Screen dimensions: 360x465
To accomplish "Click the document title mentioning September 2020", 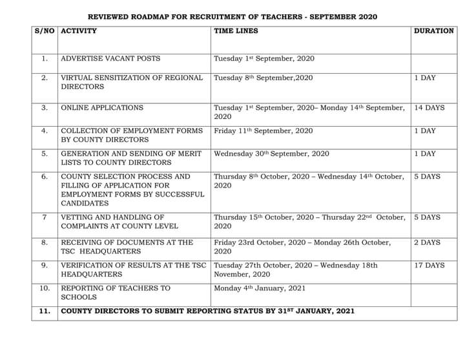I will pos(232,16).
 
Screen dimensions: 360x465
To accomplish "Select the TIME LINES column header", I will pos(236,31).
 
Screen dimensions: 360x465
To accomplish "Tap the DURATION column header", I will pos(433,31).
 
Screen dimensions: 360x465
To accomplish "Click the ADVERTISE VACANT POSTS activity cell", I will pos(110,59).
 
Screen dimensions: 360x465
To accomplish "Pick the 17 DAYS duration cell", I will pos(429,266).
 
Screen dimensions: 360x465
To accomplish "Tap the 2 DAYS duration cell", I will pos(427,242).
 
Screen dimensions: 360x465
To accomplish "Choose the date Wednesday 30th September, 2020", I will pos(271,154).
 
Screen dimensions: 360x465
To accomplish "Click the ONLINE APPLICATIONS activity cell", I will pos(102,108).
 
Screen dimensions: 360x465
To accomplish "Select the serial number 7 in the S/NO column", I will pos(44,218).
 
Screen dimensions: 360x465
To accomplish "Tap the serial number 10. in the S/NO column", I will pos(44,288).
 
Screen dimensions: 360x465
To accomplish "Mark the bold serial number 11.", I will pos(44,312).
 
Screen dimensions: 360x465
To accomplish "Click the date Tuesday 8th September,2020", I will pos(263,78).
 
